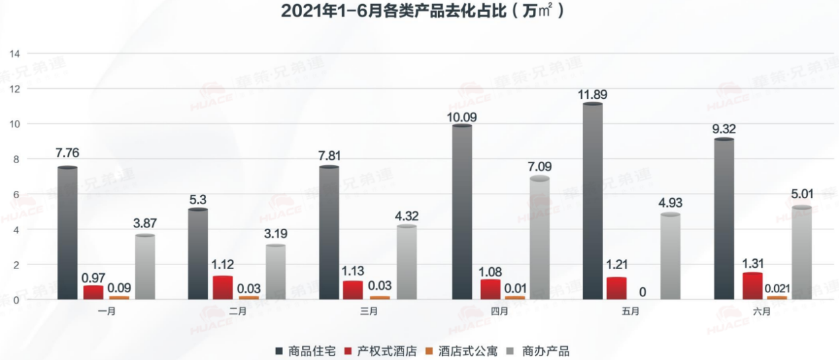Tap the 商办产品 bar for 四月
point(539,239)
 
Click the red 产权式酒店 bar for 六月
point(752,286)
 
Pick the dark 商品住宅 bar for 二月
point(198,255)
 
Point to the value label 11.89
point(592,94)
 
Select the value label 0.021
point(775,288)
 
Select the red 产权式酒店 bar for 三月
point(353,290)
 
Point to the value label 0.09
point(120,288)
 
